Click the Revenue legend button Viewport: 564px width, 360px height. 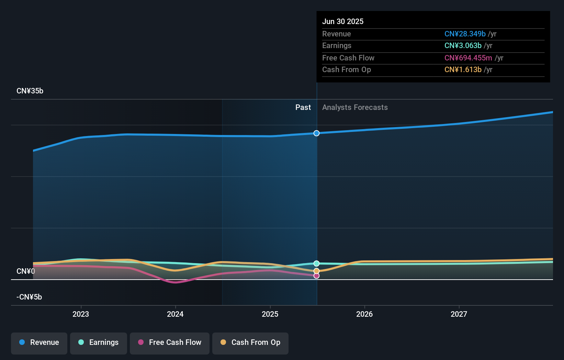point(39,342)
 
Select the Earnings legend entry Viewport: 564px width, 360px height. point(99,342)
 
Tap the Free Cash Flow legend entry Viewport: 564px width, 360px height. point(170,342)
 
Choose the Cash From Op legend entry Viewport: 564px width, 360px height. point(250,342)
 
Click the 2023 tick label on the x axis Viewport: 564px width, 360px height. point(81,314)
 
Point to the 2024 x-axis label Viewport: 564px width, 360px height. point(175,314)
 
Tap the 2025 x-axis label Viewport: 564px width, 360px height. point(270,314)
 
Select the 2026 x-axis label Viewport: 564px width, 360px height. point(364,314)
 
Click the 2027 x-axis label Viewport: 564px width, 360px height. point(459,314)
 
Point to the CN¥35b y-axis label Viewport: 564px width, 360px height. point(30,91)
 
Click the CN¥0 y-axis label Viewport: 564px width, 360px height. point(26,271)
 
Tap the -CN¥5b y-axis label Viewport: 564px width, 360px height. point(29,297)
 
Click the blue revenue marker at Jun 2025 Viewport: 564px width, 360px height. point(316,133)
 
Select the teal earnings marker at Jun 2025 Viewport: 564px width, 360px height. point(316,263)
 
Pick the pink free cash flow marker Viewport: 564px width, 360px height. point(316,276)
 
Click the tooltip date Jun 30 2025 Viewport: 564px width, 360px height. point(343,22)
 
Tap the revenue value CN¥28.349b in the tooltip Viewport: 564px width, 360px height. point(465,34)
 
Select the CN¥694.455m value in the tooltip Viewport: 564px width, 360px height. point(468,58)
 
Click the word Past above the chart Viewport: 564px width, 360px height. point(303,108)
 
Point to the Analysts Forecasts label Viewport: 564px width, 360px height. point(355,108)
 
